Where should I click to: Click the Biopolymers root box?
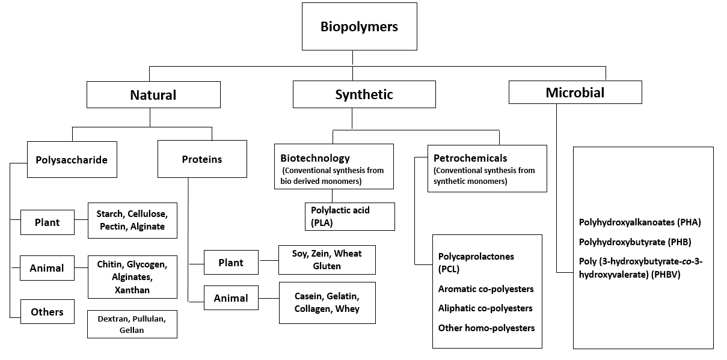[x=359, y=26]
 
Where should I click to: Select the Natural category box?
[x=153, y=94]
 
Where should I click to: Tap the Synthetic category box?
[x=364, y=94]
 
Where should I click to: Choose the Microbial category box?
[x=575, y=93]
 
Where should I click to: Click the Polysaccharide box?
[x=72, y=160]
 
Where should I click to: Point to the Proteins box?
[x=202, y=159]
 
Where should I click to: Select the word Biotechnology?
[x=315, y=158]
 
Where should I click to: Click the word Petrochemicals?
[x=470, y=158]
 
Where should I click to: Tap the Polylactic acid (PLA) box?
[x=350, y=216]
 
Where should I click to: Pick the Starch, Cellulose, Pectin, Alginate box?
[x=132, y=221]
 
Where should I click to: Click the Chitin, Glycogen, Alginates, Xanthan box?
[x=132, y=277]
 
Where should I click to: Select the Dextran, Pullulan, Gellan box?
[x=132, y=323]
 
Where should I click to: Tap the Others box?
[x=48, y=312]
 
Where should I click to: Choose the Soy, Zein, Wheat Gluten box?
[x=327, y=260]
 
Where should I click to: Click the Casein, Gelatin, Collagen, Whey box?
[x=327, y=302]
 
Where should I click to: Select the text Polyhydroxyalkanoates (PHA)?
[x=640, y=222]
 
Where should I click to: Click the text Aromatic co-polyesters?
[x=486, y=289]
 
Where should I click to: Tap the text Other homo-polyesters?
[x=486, y=328]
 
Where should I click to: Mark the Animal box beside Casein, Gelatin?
[x=231, y=298]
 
